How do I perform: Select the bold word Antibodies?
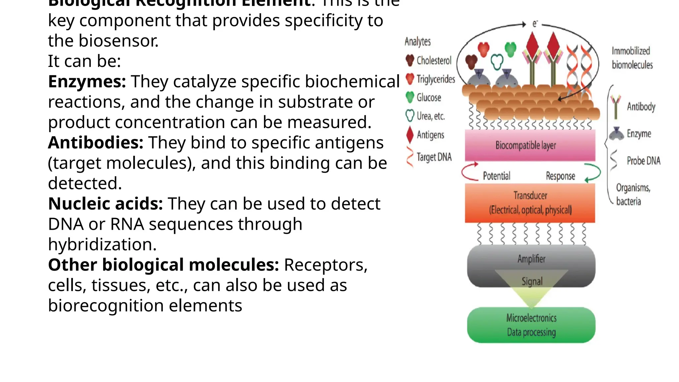coord(95,143)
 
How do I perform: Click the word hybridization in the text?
coord(102,245)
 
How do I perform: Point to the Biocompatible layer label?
coord(525,145)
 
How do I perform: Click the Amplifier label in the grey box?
coord(531,259)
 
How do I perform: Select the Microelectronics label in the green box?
coord(531,318)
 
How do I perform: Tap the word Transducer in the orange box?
coord(530,195)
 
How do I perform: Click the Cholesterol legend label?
coord(434,60)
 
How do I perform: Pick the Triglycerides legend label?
coord(436,79)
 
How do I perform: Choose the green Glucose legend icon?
coord(410,97)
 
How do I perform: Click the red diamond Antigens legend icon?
coord(410,135)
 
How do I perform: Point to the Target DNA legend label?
coord(434,157)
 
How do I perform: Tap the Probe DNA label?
coord(643,161)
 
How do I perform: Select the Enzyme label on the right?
coord(639,134)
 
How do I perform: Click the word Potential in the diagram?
coord(496,176)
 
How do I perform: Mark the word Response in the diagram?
coord(560,176)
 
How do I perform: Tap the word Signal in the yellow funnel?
coord(532,282)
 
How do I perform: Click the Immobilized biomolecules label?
coord(632,58)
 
